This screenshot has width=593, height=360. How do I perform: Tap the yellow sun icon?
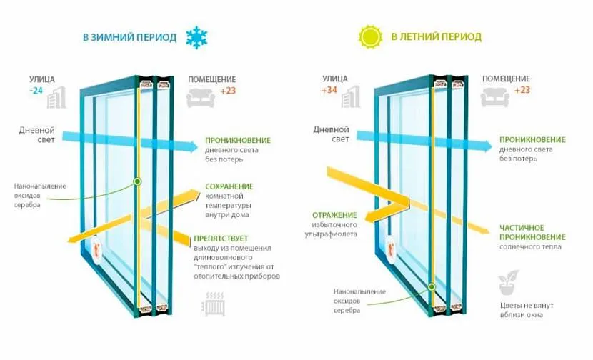point(372,36)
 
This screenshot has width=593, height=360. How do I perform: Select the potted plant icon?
point(509,283)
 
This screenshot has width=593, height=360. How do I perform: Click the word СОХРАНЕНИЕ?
point(229,186)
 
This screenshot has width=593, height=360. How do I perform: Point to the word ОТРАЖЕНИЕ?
point(335,214)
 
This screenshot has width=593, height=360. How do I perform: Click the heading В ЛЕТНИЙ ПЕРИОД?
point(436,36)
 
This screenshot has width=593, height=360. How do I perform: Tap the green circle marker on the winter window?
point(137,181)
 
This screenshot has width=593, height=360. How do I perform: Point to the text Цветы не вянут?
point(527,305)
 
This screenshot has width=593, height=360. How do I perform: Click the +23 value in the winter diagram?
point(228,91)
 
